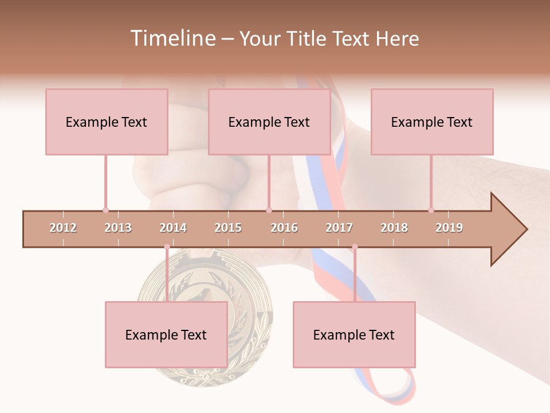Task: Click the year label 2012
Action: (x=63, y=228)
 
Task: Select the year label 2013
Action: (x=118, y=228)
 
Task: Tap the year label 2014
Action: (x=173, y=228)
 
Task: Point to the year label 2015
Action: (x=228, y=228)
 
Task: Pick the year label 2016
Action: (x=284, y=228)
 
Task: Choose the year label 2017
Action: (x=339, y=228)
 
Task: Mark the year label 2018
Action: (x=394, y=228)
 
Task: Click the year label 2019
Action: (x=449, y=228)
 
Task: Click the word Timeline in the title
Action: (x=172, y=38)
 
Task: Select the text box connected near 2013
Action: (x=107, y=122)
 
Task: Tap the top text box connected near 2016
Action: (x=269, y=122)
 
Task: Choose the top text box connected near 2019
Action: (x=432, y=122)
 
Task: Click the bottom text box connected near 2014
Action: (x=166, y=334)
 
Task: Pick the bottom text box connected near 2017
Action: (x=354, y=334)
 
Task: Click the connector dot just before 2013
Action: (x=105, y=210)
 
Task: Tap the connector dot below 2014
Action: (x=167, y=247)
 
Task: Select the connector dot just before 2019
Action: (x=431, y=210)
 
